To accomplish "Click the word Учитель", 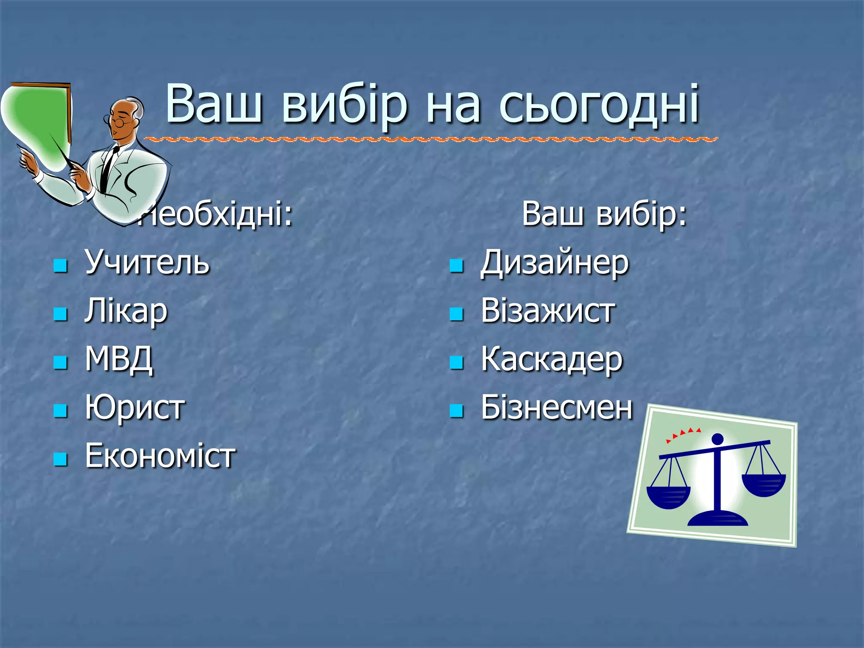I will [x=147, y=262].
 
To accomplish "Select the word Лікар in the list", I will [x=126, y=311].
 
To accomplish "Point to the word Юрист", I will [x=135, y=408].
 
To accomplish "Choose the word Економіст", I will [x=160, y=456].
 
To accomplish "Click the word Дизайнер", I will [x=554, y=263].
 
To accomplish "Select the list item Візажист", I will [x=547, y=311].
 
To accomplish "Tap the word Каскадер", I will [x=551, y=360].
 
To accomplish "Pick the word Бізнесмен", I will [x=556, y=408].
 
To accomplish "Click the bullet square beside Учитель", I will [x=61, y=265].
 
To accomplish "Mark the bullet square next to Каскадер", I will [x=456, y=362].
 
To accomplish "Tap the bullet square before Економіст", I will [x=61, y=459].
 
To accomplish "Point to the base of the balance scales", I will [x=718, y=518].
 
